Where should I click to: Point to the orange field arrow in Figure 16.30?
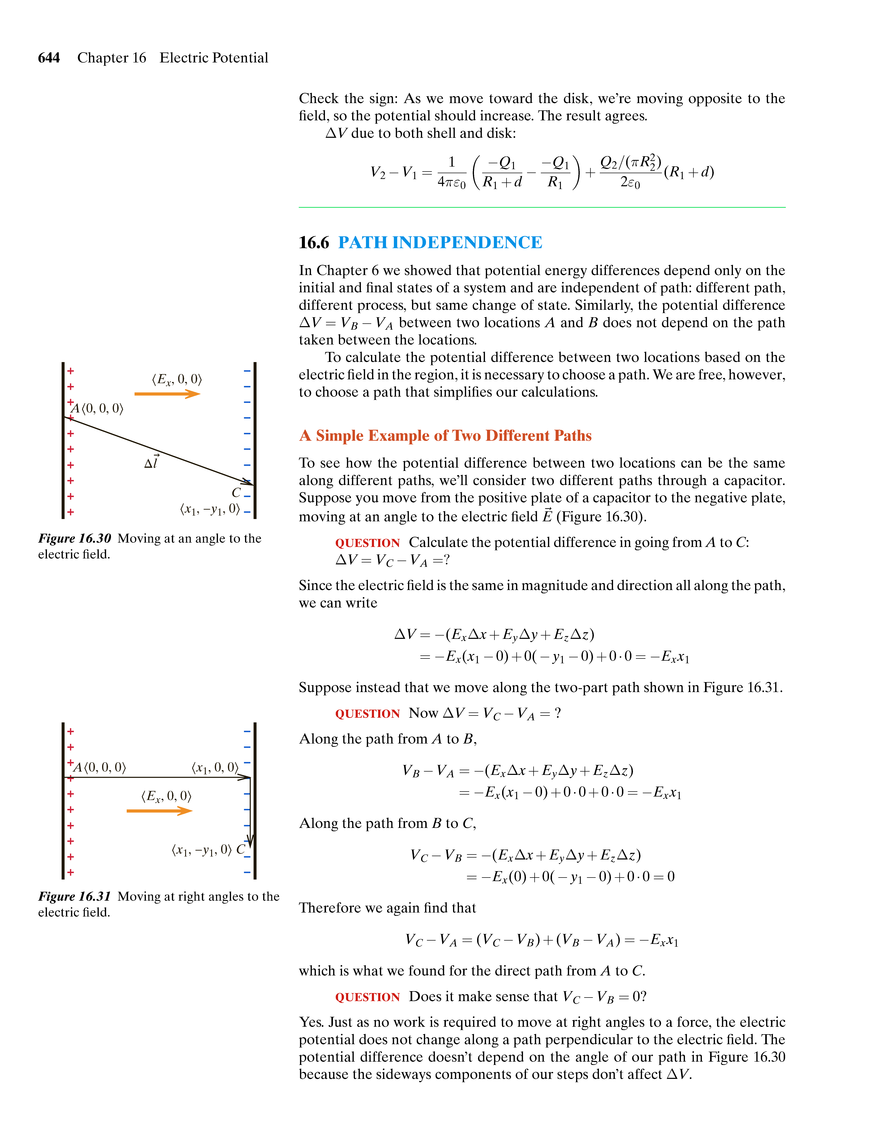pyautogui.click(x=167, y=394)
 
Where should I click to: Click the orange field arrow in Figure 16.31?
pyautogui.click(x=159, y=811)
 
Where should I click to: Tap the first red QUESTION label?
pyautogui.click(x=367, y=543)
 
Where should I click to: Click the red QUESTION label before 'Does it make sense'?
pyautogui.click(x=367, y=997)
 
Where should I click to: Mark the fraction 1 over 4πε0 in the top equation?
pyautogui.click(x=451, y=172)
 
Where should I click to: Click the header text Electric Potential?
pyautogui.click(x=214, y=58)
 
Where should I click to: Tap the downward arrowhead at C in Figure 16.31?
pyautogui.click(x=250, y=840)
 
